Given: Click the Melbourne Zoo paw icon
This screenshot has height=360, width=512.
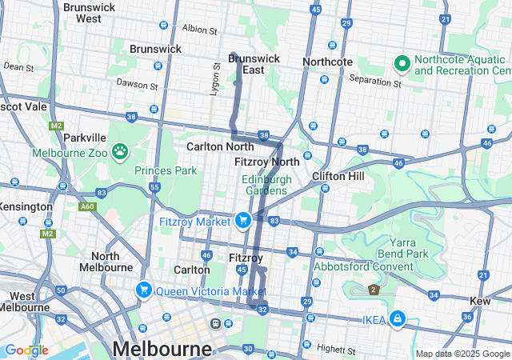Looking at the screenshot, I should (120, 150).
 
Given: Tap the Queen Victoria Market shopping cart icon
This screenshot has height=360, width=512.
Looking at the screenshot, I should (144, 290).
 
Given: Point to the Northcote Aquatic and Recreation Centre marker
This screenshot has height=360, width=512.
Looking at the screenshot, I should (401, 62).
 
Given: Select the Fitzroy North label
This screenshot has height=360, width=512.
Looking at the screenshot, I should (267, 162).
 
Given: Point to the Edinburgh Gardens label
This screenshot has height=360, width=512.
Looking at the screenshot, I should (265, 185).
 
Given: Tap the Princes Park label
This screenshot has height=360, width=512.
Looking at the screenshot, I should (166, 170).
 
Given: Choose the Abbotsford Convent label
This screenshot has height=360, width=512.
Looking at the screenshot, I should (363, 266).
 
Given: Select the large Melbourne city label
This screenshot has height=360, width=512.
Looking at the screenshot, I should (162, 349).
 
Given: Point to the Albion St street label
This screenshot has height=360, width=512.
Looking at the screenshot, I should (199, 30).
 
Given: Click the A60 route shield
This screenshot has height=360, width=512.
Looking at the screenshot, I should (86, 206).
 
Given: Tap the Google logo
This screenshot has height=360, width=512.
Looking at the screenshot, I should (26, 350).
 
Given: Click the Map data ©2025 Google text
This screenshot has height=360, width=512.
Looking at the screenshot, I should (462, 354).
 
